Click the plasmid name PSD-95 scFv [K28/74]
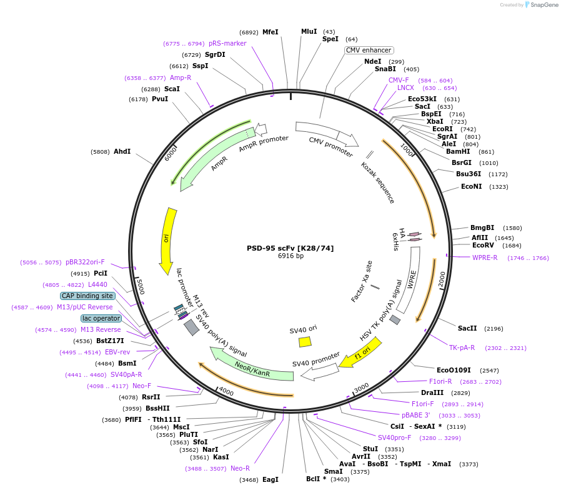[290, 248]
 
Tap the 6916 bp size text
[290, 256]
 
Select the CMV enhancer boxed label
[369, 50]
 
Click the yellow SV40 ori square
[305, 342]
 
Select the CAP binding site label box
[87, 296]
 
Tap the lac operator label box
[101, 318]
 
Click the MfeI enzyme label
[270, 32]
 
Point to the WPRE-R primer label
[485, 257]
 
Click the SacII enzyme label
[467, 328]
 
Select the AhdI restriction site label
[122, 152]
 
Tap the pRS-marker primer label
[227, 43]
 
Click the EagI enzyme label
[270, 479]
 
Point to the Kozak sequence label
[378, 182]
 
